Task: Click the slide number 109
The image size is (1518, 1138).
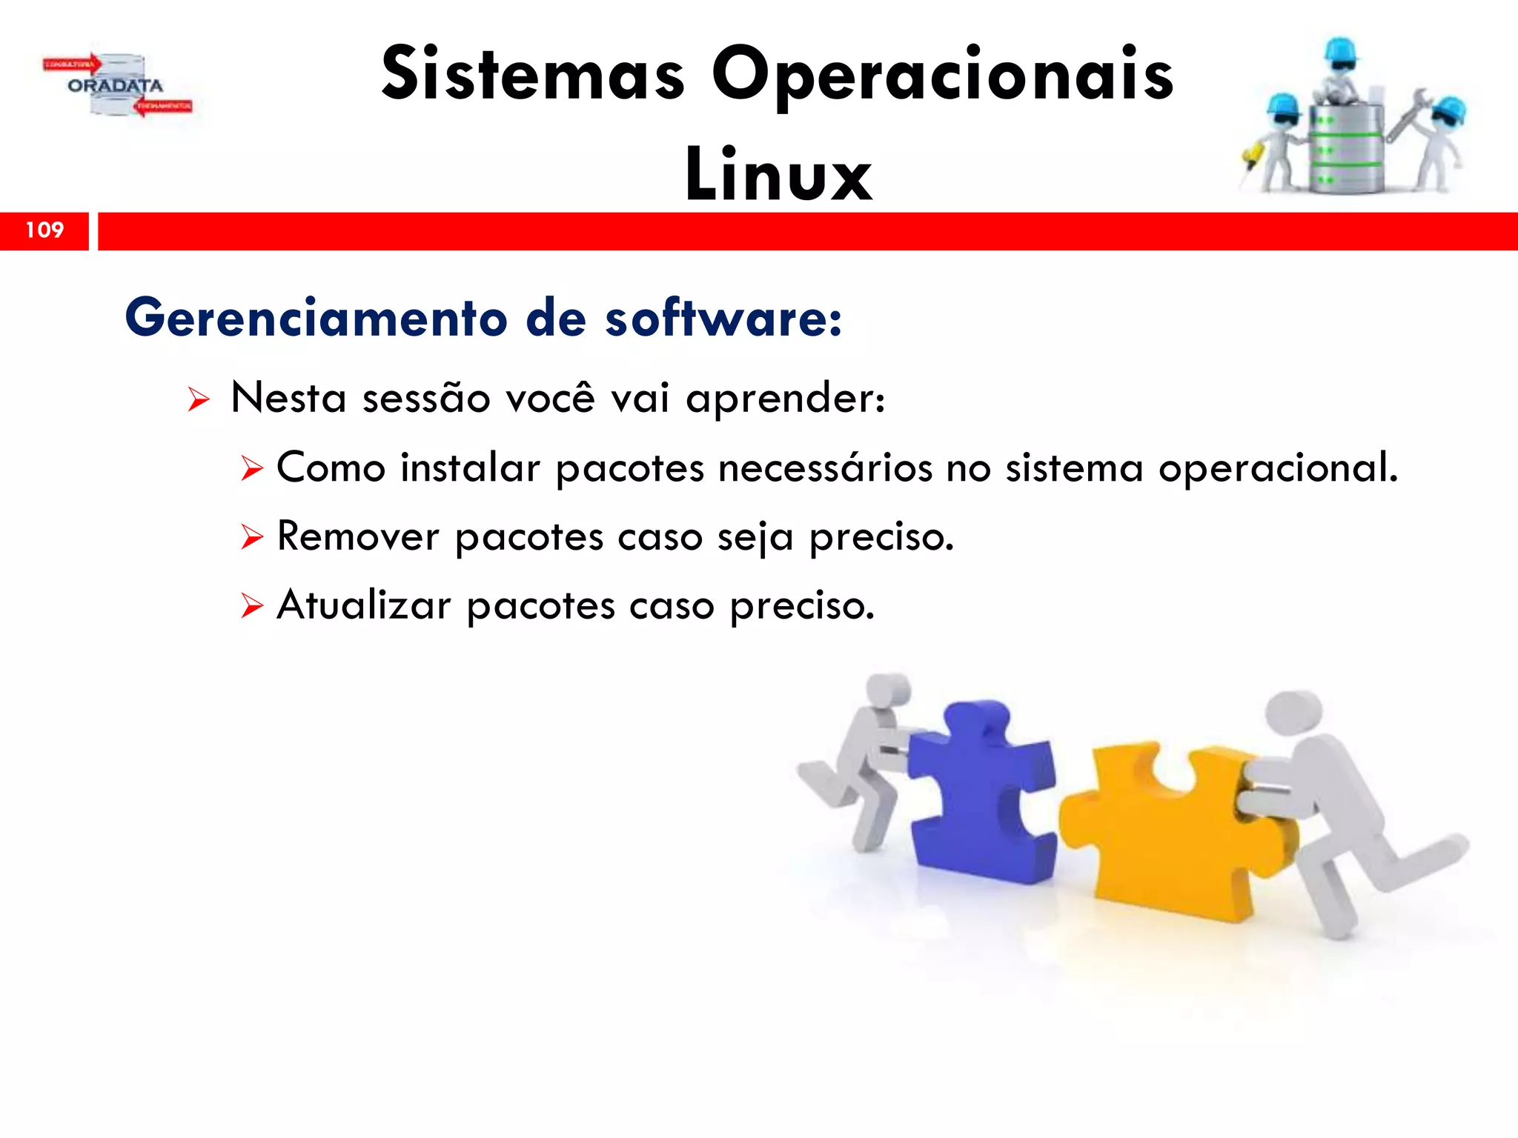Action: pos(44,230)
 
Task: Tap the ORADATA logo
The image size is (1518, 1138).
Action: pos(116,86)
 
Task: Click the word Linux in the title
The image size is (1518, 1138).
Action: pos(778,175)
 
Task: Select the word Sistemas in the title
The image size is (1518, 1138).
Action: pos(533,74)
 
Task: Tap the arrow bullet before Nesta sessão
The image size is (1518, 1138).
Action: pos(199,400)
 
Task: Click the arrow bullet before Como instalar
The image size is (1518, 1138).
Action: pos(252,469)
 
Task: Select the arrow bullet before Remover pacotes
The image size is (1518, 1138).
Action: pos(252,537)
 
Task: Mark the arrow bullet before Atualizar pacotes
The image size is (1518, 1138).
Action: pos(252,606)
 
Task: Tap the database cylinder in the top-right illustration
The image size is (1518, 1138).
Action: pos(1345,148)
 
